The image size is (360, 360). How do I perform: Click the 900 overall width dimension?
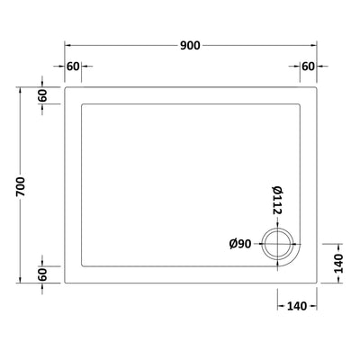[188, 45]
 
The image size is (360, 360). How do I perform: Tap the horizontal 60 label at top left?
[73, 67]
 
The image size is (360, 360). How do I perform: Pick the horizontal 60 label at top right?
[308, 67]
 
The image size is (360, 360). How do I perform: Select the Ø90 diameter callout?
[241, 243]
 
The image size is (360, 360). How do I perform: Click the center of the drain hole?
[275, 243]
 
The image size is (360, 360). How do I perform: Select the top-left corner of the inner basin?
[82, 104]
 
